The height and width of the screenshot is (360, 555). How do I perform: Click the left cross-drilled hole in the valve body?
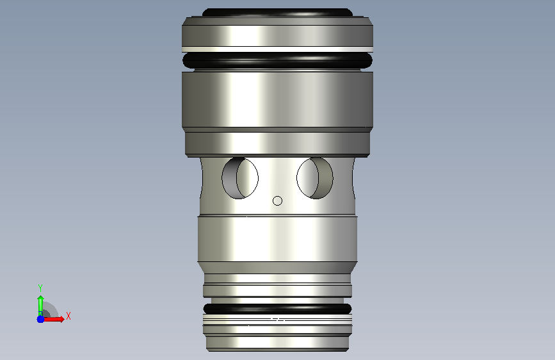point(240,178)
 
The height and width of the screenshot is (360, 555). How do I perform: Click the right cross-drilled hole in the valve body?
point(315,178)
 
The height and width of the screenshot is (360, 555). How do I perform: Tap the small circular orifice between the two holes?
point(278,201)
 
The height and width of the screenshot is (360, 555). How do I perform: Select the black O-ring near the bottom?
point(278,309)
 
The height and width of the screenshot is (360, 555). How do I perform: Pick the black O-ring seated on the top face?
point(278,13)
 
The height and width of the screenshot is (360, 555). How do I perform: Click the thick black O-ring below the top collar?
point(278,60)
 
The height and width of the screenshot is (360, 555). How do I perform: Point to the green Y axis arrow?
point(40,306)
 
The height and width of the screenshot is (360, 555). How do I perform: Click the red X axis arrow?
point(53,319)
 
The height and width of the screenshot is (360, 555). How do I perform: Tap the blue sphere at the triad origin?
point(40,319)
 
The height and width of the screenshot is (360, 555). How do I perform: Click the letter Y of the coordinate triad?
point(40,288)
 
